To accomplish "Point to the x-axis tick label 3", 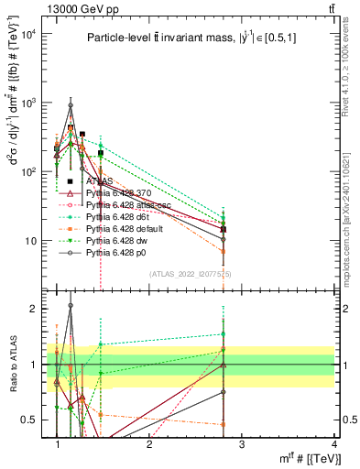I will coord(241,443).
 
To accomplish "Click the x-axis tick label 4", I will coord(333,443).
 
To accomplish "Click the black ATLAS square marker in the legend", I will coord(70,181).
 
